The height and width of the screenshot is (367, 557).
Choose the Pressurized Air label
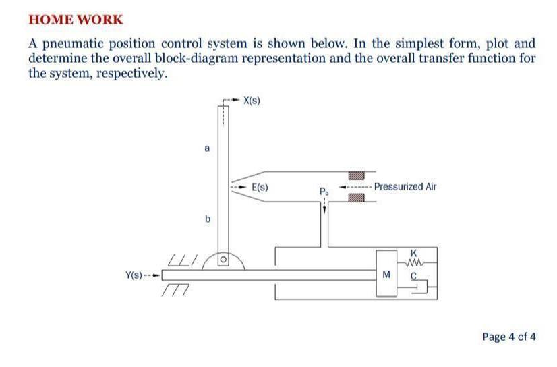coord(405,186)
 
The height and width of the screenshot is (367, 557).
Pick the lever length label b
coord(208,219)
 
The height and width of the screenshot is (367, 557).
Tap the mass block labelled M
coord(386,274)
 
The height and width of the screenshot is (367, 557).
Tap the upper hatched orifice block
coord(357,175)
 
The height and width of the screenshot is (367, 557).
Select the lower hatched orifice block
coord(357,198)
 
